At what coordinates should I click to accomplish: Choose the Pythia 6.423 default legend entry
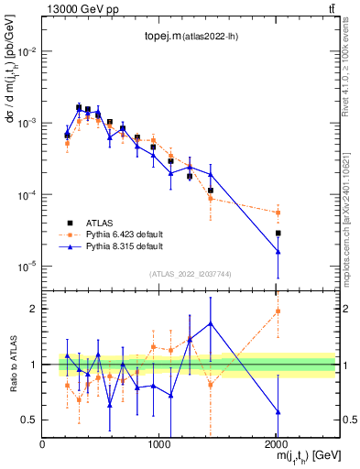coord(115,234)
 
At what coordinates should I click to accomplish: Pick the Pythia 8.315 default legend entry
coord(115,246)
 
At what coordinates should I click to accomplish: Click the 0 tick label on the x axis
coord(42,444)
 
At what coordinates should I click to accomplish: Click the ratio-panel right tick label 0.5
coord(344,420)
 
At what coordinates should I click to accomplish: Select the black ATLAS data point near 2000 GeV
coord(278,234)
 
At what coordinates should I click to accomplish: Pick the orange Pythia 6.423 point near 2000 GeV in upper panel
coord(278,213)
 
